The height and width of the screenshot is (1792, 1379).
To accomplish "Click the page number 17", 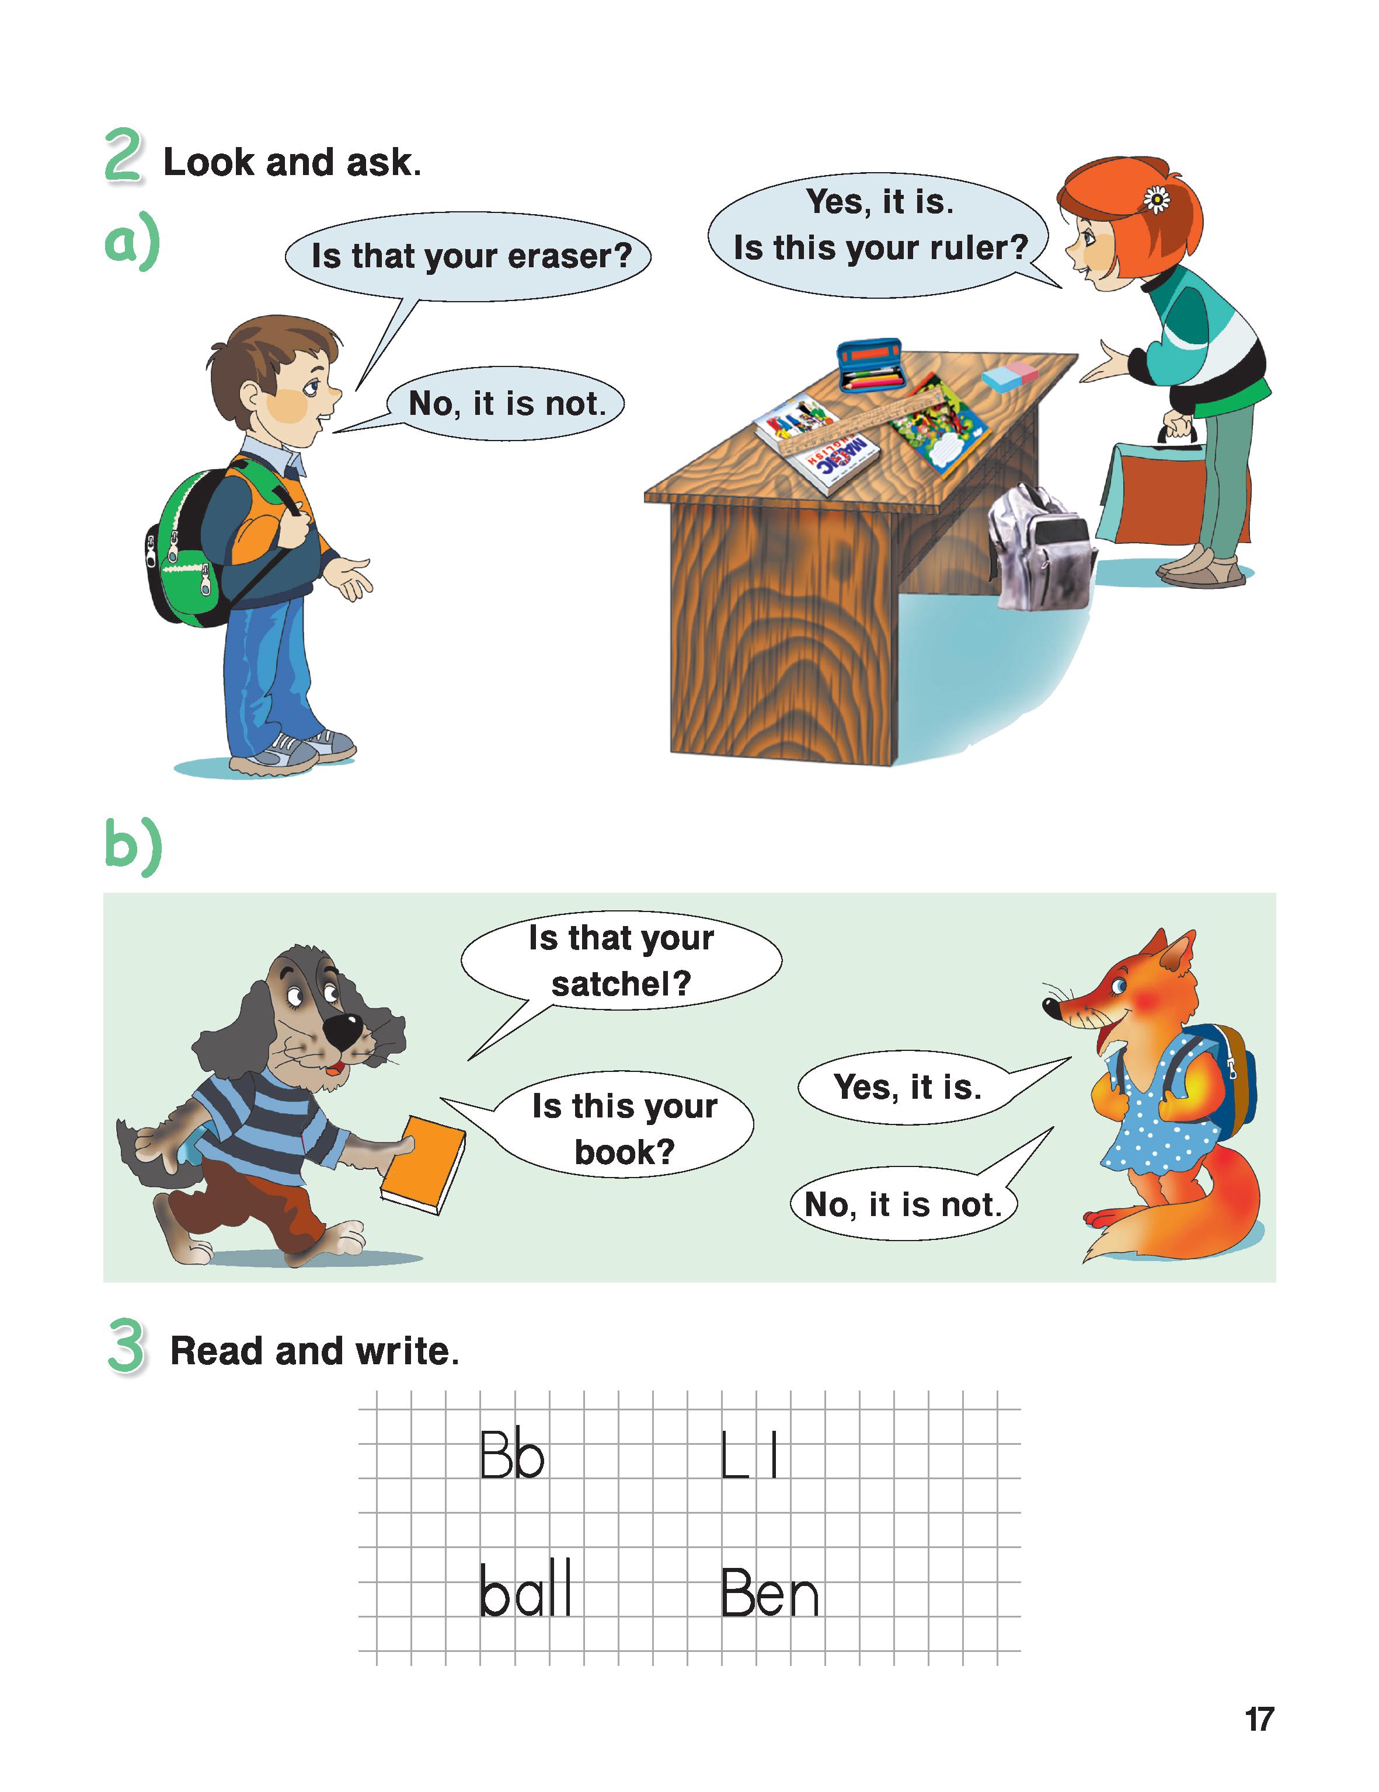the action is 1259,1719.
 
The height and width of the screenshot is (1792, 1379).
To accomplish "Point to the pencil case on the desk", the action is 871,365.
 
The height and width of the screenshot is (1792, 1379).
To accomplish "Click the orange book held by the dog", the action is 422,1165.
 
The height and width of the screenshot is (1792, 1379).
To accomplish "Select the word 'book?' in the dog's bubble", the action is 624,1153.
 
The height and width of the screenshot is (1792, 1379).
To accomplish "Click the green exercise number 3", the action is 127,1346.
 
